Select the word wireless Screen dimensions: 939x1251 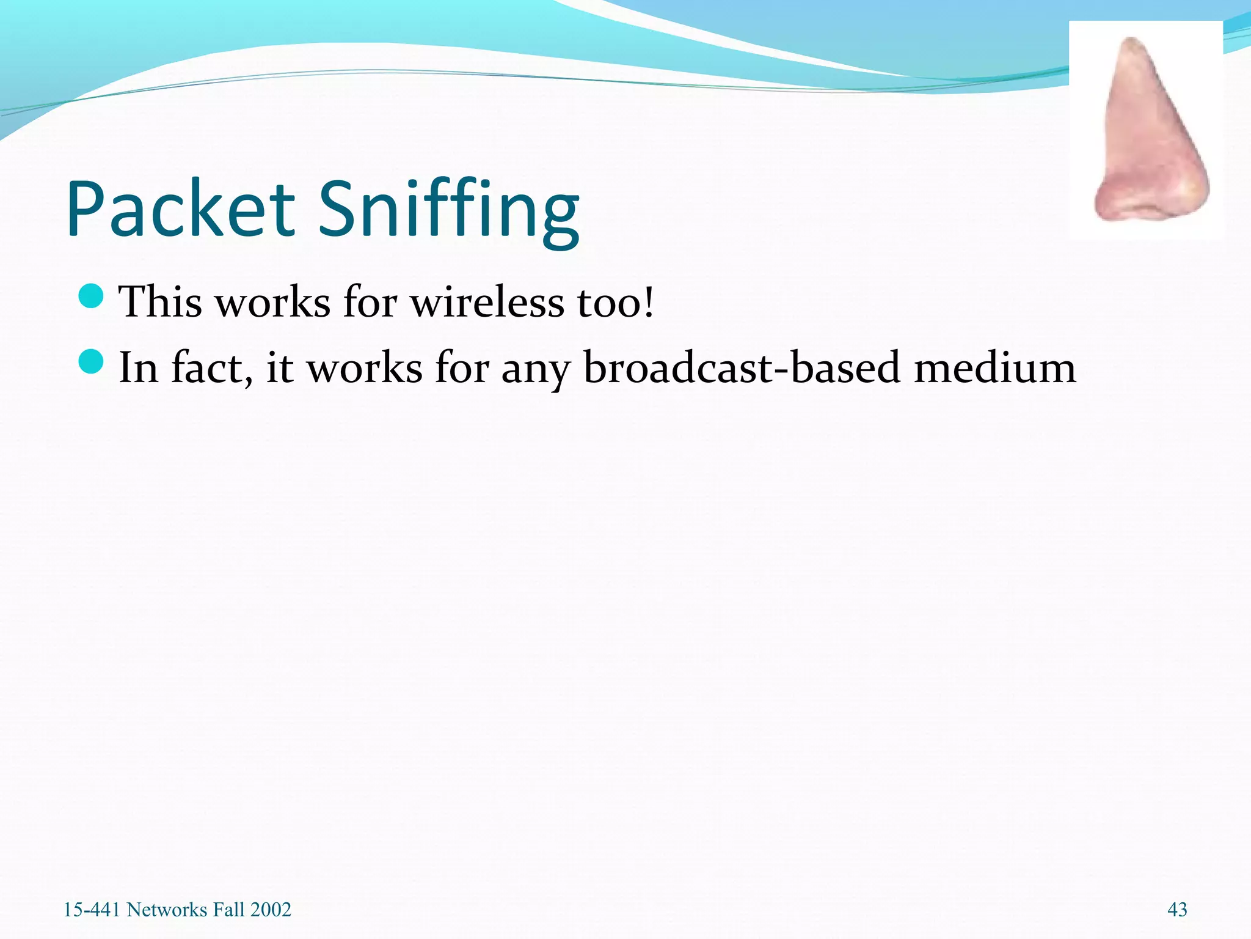coord(486,302)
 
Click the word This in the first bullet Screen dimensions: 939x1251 coord(160,302)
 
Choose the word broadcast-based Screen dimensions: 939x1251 coord(742,368)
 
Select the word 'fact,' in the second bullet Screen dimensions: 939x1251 coord(211,368)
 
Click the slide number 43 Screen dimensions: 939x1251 coord(1177,910)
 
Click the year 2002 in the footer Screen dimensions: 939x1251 coord(271,910)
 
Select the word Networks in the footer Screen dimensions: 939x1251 coord(167,910)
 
